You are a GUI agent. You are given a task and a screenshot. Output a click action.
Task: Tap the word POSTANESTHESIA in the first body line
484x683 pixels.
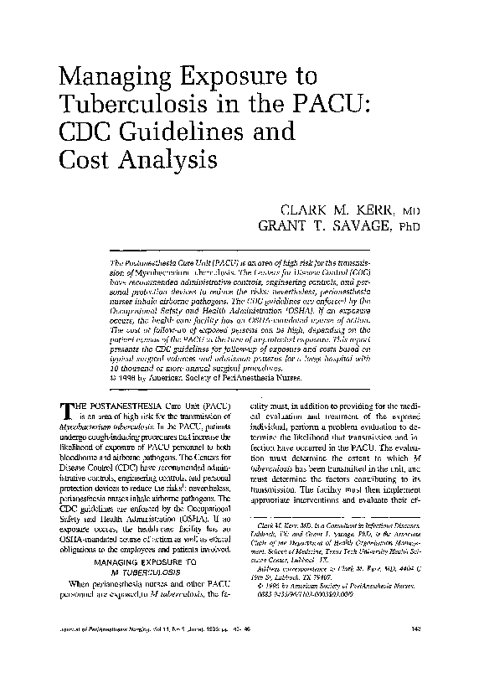(x=131, y=404)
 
